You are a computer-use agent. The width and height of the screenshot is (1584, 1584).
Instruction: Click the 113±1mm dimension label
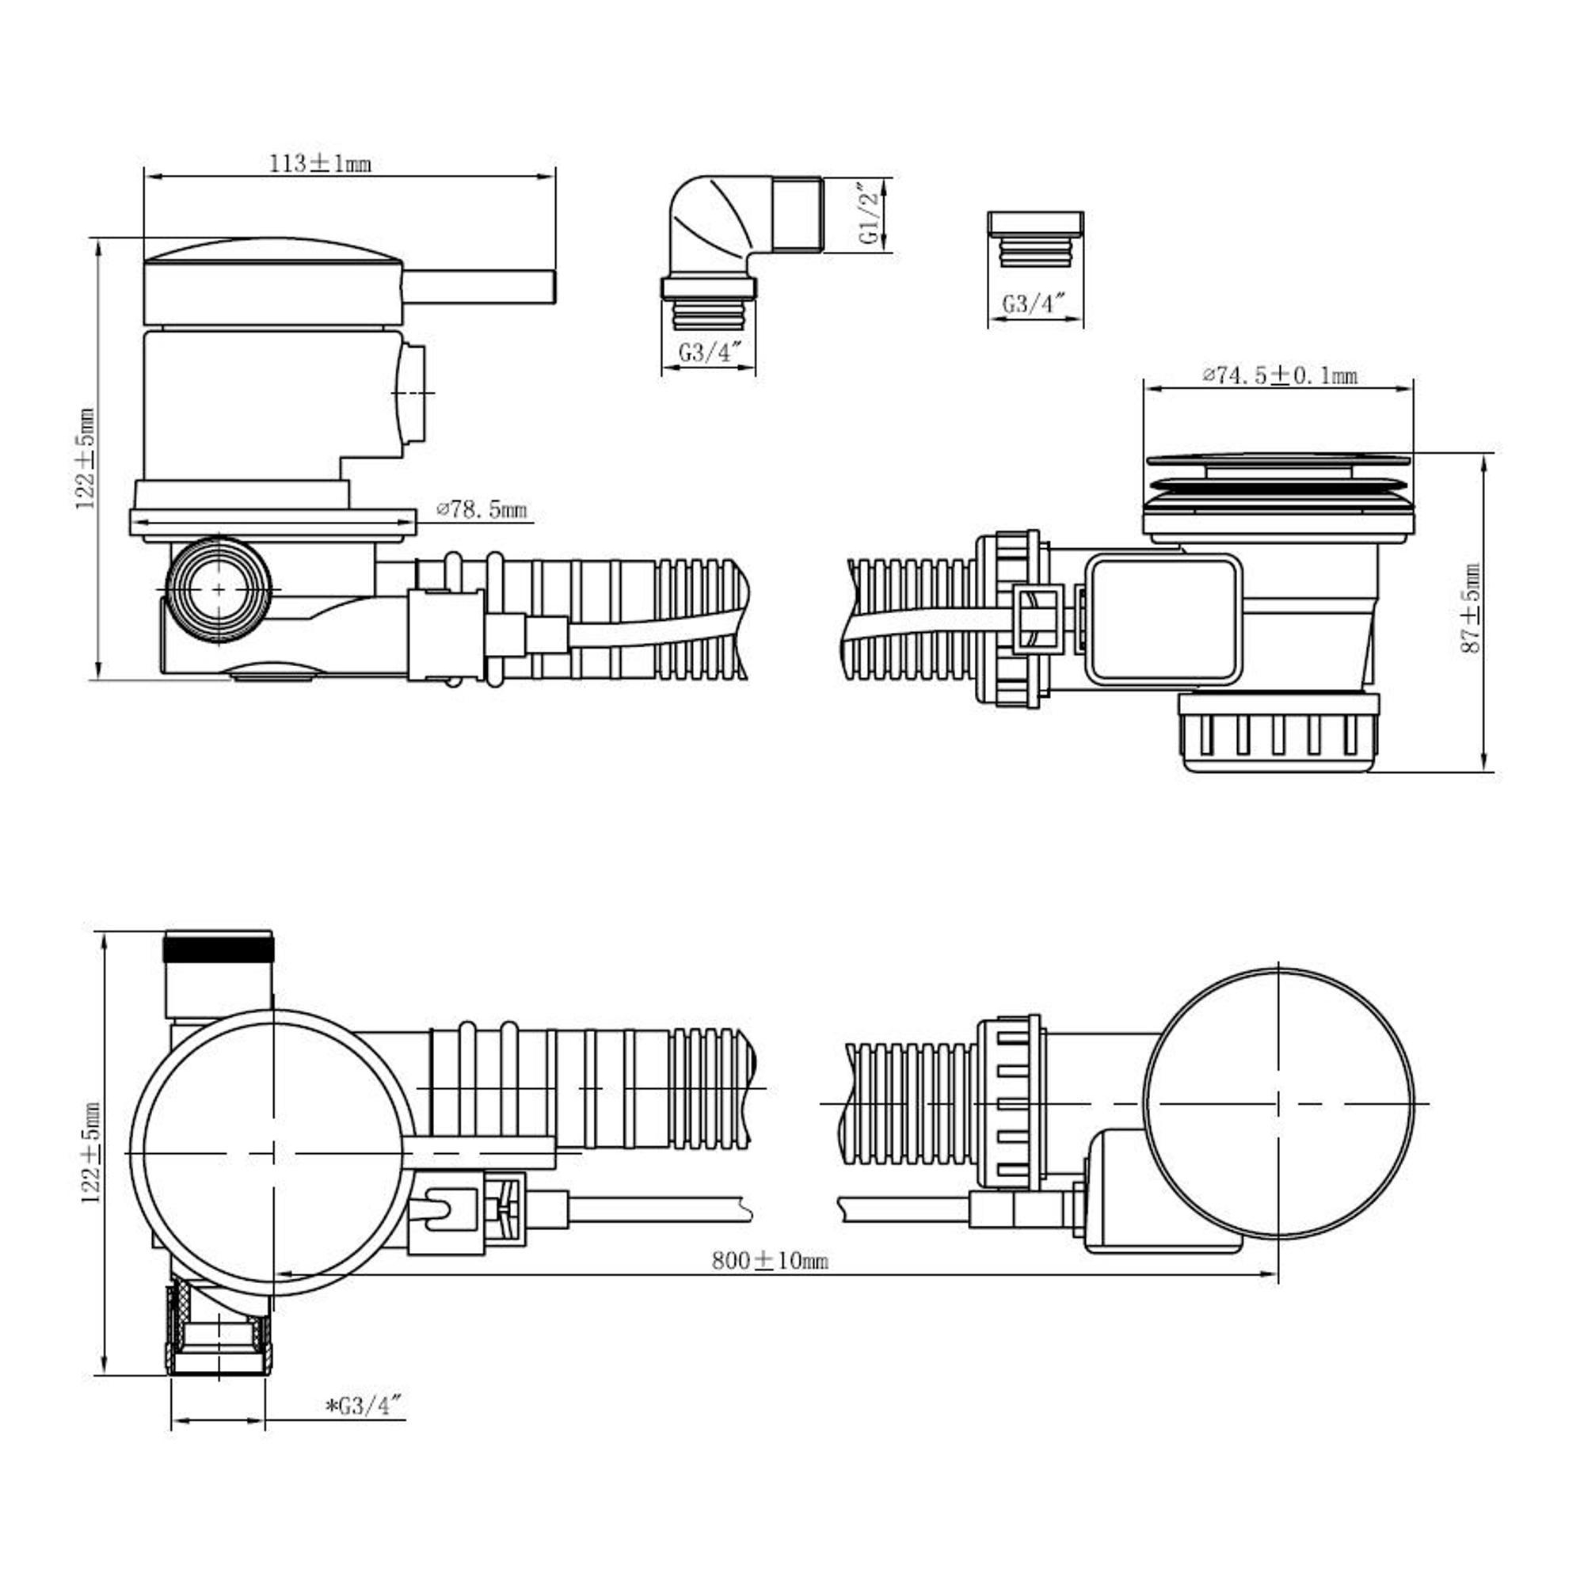[x=321, y=164]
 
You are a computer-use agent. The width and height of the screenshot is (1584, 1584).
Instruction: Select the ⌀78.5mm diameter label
[x=483, y=509]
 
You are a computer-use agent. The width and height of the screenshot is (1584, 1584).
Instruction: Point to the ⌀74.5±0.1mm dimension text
[x=1281, y=375]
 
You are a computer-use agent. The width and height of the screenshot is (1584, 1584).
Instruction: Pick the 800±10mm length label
[x=770, y=1260]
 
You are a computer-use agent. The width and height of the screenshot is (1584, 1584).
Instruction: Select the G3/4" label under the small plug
[x=1034, y=303]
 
